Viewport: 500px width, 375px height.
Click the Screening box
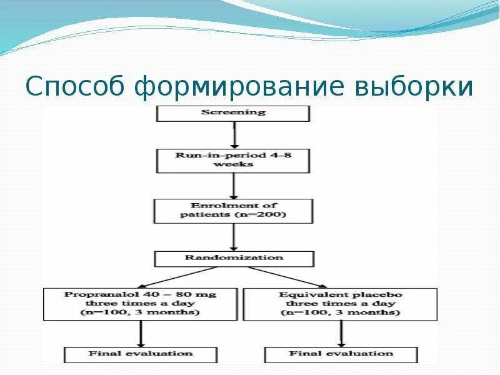(233, 113)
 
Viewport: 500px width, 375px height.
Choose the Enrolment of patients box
(233, 211)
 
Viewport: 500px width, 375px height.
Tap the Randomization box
(233, 257)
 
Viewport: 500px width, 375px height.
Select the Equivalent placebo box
(341, 303)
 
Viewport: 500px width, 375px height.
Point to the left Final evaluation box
(141, 354)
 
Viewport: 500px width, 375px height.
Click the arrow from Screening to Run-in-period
(233, 134)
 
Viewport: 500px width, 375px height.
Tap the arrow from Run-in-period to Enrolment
(233, 185)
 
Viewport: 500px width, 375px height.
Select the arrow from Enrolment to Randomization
(233, 237)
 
